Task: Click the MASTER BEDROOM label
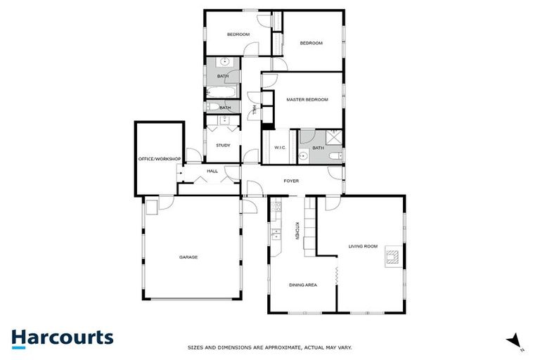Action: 307,100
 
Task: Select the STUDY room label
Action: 224,146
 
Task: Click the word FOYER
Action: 291,181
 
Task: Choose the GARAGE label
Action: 188,257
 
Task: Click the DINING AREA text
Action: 303,285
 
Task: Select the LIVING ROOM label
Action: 363,246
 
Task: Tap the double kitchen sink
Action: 276,235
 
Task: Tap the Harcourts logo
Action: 62,337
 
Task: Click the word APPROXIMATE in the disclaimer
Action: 276,347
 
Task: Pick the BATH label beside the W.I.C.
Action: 318,148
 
